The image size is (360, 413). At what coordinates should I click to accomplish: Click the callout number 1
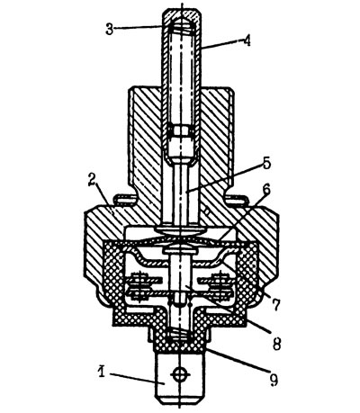tap(102, 371)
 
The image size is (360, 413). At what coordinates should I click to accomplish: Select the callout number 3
tap(110, 30)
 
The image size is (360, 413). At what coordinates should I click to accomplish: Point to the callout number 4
tap(246, 41)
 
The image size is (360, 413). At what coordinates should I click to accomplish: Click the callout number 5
tap(266, 164)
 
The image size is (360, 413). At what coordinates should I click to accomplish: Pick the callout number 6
tap(266, 190)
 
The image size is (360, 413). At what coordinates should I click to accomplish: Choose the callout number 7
tap(275, 304)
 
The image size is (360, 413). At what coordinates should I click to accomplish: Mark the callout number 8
tap(276, 344)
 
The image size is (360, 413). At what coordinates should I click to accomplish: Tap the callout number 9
tap(274, 380)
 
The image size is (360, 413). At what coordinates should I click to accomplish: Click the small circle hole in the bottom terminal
tap(180, 373)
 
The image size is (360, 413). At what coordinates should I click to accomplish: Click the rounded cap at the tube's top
tap(182, 17)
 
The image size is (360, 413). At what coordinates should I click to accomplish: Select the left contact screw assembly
tap(141, 286)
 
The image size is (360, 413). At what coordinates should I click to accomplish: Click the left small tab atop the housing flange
tap(124, 199)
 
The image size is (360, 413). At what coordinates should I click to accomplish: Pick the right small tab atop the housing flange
tap(236, 199)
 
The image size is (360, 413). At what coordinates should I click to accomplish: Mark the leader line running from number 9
tap(237, 362)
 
